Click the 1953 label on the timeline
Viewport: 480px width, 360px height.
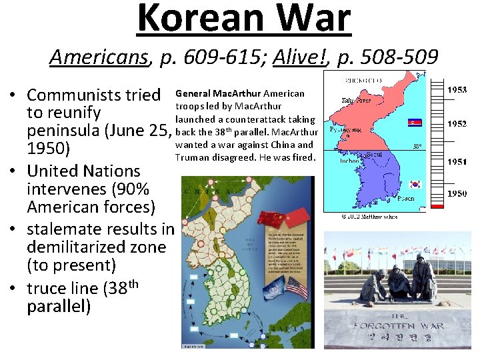click(x=457, y=89)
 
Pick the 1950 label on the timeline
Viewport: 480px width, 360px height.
click(x=457, y=193)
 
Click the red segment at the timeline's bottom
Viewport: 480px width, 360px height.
click(x=437, y=207)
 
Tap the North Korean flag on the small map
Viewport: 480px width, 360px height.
click(x=415, y=123)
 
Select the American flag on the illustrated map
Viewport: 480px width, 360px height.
click(x=296, y=288)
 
